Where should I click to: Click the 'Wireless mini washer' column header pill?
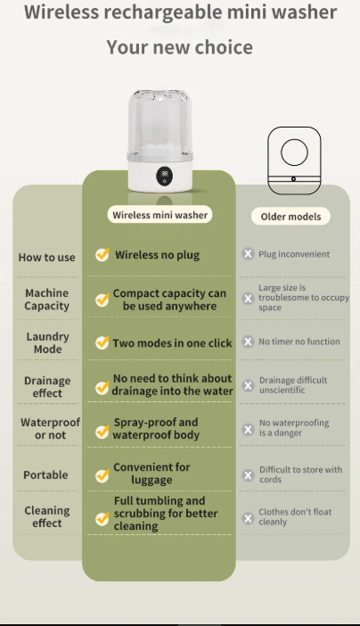click(160, 215)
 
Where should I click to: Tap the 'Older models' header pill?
click(290, 217)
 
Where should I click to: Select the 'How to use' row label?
click(46, 258)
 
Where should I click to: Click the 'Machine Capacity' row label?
click(46, 300)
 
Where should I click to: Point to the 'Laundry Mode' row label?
click(47, 342)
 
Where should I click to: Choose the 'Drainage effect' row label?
click(47, 387)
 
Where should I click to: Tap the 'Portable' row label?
click(45, 474)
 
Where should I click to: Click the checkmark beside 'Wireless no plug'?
click(102, 254)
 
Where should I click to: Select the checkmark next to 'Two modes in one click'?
click(102, 342)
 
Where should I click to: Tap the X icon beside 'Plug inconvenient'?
click(248, 254)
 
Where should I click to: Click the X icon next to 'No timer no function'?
click(248, 342)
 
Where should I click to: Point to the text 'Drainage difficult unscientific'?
click(293, 385)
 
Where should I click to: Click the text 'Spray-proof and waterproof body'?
click(156, 428)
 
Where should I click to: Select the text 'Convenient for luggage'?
click(151, 474)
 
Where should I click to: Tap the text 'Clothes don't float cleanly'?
click(295, 516)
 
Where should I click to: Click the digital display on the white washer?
click(165, 174)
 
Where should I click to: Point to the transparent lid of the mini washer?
click(160, 122)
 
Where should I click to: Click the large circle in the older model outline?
click(295, 152)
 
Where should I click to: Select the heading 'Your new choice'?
click(180, 47)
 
